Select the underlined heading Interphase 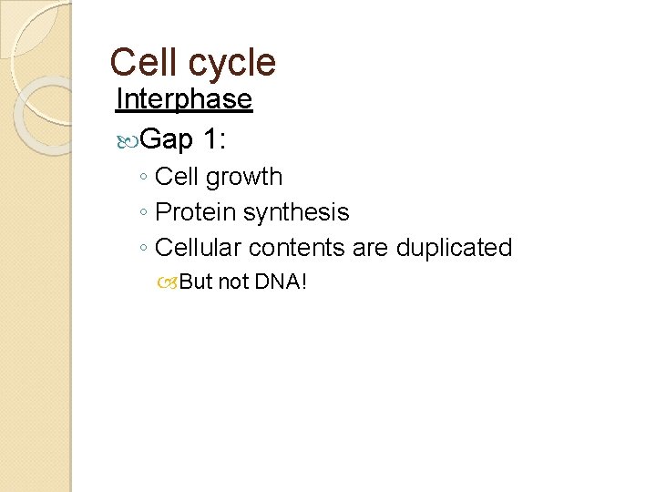tap(184, 98)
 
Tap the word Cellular tap(198, 248)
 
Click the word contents tap(292, 248)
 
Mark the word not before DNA tap(233, 282)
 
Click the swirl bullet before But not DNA tap(170, 282)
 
